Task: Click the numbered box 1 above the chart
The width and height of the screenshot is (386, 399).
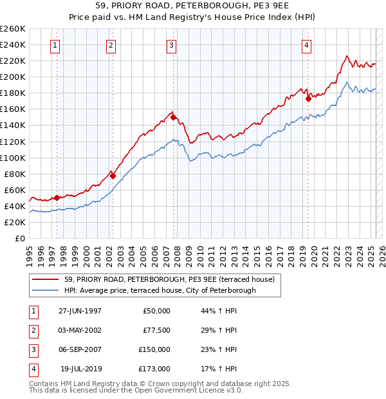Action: click(x=55, y=45)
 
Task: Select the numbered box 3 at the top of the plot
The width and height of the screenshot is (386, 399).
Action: click(x=172, y=45)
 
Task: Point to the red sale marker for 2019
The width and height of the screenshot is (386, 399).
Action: click(x=308, y=98)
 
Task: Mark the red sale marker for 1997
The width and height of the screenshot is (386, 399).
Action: click(x=57, y=198)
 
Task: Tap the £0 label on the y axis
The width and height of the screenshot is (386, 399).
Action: click(x=19, y=238)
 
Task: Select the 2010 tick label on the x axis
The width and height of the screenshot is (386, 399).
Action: click(x=200, y=252)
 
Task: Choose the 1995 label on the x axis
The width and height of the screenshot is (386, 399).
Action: click(x=29, y=252)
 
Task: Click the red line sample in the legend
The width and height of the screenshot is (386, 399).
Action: click(x=46, y=279)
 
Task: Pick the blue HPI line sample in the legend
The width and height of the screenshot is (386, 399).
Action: click(x=46, y=290)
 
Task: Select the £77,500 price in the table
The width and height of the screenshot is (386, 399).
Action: click(x=155, y=330)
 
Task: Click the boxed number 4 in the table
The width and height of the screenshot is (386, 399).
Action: click(x=33, y=369)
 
